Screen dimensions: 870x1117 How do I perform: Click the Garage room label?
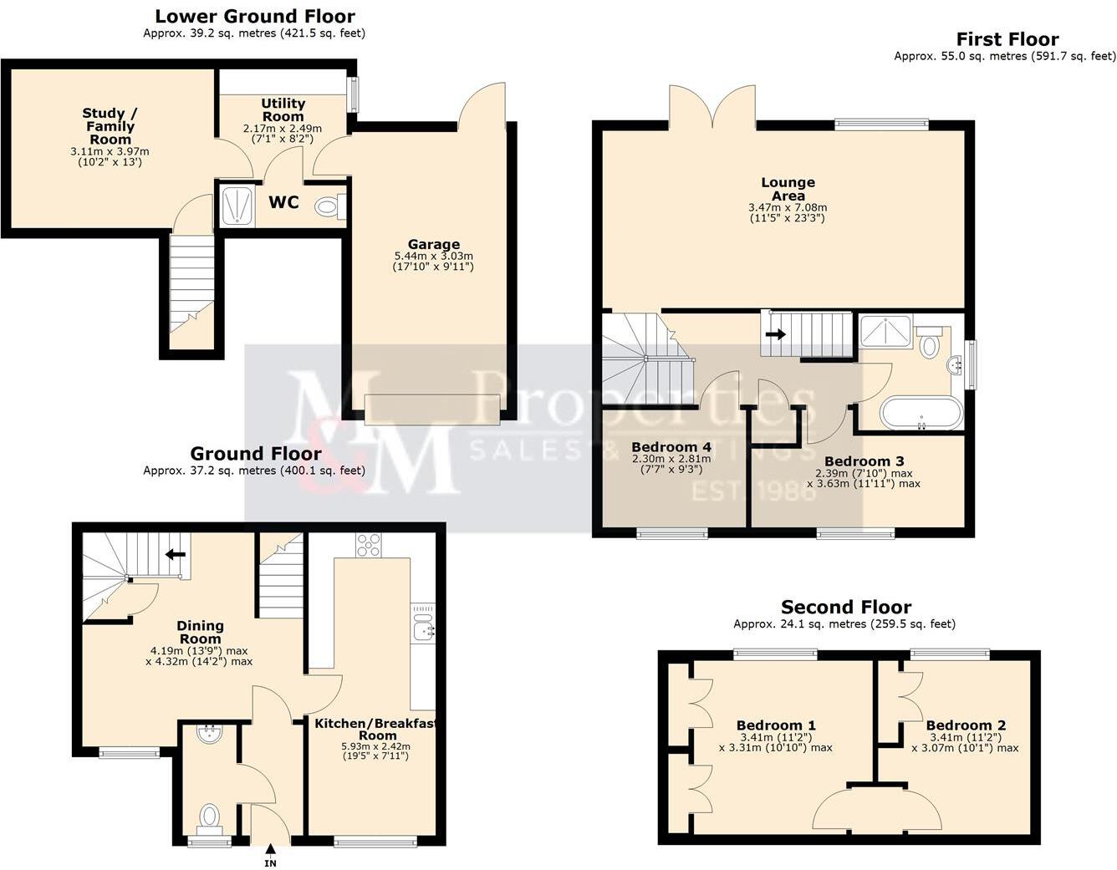click(434, 245)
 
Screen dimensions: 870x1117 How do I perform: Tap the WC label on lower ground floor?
click(283, 203)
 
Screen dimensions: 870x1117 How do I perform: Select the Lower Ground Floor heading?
click(255, 16)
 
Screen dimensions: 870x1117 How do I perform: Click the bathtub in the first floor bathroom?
click(921, 413)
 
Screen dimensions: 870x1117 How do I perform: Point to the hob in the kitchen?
click(369, 545)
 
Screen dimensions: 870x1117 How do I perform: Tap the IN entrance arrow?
click(270, 854)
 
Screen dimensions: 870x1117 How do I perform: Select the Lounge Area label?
click(788, 189)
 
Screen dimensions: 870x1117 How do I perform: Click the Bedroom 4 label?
click(671, 446)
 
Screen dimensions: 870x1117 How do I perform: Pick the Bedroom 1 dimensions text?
click(776, 743)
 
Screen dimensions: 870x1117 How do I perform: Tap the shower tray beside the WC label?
click(237, 206)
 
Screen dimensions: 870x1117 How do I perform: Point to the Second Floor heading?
click(846, 608)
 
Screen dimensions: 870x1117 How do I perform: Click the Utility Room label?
click(283, 109)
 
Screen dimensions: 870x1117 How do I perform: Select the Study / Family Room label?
click(110, 126)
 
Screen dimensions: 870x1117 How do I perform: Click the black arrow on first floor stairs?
click(776, 334)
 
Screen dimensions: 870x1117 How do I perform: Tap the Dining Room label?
click(200, 632)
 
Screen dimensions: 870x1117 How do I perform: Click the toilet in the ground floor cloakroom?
click(209, 816)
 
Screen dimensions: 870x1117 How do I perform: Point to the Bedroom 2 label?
click(966, 725)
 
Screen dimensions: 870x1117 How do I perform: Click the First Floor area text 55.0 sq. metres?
click(1004, 57)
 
